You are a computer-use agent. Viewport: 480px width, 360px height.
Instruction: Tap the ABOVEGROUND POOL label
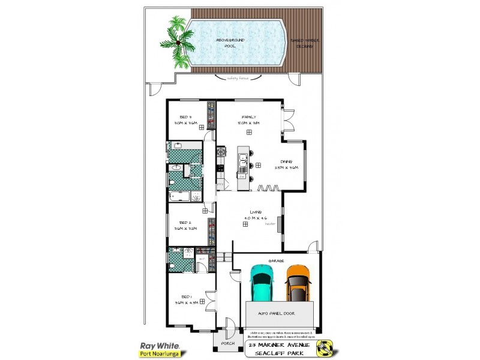[230, 43]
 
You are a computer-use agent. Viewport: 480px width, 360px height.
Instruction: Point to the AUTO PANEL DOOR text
[278, 314]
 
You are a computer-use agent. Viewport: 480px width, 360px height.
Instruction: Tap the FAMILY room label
[249, 116]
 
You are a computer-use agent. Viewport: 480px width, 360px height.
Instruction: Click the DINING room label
[286, 161]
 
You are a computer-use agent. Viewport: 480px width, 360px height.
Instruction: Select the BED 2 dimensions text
[185, 229]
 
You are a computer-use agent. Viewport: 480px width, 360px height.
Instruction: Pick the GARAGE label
[277, 260]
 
